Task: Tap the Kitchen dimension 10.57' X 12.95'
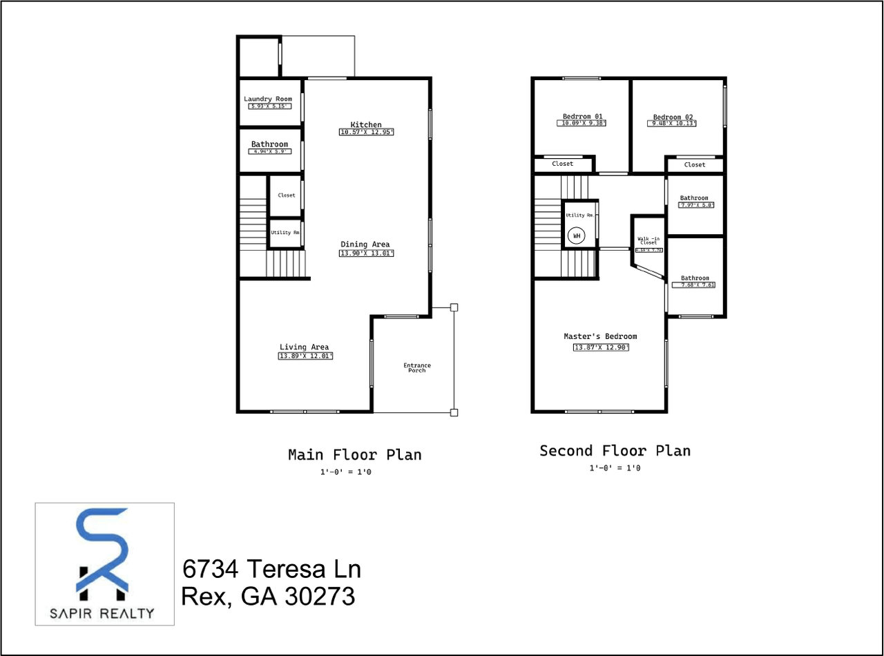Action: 366,132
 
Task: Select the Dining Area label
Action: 365,244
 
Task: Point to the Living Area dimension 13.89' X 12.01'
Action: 305,356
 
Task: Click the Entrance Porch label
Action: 417,367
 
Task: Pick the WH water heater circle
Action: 576,236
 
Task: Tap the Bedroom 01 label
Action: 583,116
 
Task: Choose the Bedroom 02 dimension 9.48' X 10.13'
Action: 672,124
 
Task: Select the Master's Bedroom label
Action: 600,336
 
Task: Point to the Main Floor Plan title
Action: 354,455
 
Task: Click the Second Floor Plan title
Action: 615,451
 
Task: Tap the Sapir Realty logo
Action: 104,564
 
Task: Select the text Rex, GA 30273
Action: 268,596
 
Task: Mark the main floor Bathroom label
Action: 269,144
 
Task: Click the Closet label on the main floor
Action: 286,195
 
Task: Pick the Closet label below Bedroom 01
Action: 563,164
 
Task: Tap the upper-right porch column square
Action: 454,307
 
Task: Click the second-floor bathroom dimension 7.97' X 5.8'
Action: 696,205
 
